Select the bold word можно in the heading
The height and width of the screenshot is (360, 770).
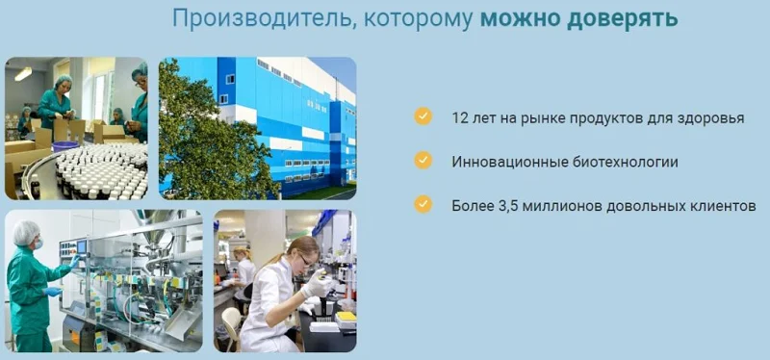coord(526,18)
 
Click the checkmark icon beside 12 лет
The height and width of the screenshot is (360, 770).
coord(423,116)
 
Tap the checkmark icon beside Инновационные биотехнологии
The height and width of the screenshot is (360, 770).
coord(423,161)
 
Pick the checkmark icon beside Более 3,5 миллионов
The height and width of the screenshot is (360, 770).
coord(423,204)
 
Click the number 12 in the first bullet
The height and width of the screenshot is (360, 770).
coord(459,118)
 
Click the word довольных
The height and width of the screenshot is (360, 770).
coord(647,206)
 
